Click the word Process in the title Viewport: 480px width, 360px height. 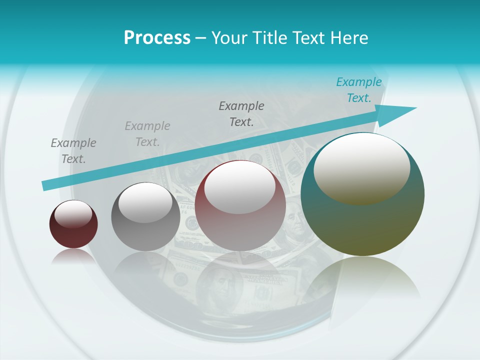157,38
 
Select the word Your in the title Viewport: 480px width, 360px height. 228,38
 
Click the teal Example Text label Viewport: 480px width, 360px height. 358,90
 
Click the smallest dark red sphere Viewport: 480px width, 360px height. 73,224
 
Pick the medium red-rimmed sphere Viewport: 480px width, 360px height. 240,206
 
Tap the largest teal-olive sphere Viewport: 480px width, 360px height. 362,195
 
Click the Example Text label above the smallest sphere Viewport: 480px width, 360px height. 73,151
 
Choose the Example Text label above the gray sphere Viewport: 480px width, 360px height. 147,134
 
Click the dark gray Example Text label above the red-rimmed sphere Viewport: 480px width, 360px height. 241,114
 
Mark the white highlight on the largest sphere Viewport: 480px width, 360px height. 361,168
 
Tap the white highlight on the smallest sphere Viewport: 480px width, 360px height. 73,214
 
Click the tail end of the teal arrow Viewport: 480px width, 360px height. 46,185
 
